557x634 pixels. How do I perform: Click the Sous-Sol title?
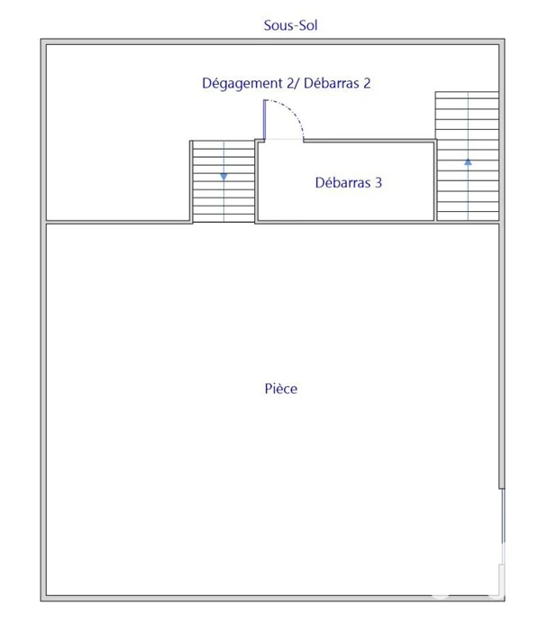pyautogui.click(x=290, y=25)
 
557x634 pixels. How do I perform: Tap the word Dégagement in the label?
pyautogui.click(x=242, y=83)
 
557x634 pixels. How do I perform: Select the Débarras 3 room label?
pyautogui.click(x=349, y=183)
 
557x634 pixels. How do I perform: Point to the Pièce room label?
pyautogui.click(x=281, y=389)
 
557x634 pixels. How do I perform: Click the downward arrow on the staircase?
pyautogui.click(x=224, y=177)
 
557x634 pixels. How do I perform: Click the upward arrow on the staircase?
pyautogui.click(x=468, y=161)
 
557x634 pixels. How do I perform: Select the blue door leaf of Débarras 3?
pyautogui.click(x=265, y=120)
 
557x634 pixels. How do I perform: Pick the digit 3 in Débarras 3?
pyautogui.click(x=379, y=183)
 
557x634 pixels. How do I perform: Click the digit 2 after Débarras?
pyautogui.click(x=367, y=83)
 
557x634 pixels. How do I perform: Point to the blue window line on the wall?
pyautogui.click(x=503, y=516)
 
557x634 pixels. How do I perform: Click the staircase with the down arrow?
pyautogui.click(x=224, y=181)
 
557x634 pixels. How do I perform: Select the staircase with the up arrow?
pyautogui.click(x=467, y=156)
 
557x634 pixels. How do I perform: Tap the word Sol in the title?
pyautogui.click(x=307, y=25)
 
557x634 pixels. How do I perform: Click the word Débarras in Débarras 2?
pyautogui.click(x=332, y=83)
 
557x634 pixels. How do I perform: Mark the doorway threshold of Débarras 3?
pyautogui.click(x=284, y=140)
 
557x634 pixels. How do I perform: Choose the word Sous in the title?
pyautogui.click(x=276, y=25)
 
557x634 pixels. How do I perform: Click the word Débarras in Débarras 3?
pyautogui.click(x=342, y=183)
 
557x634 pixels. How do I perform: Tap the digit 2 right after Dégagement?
pyautogui.click(x=290, y=83)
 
